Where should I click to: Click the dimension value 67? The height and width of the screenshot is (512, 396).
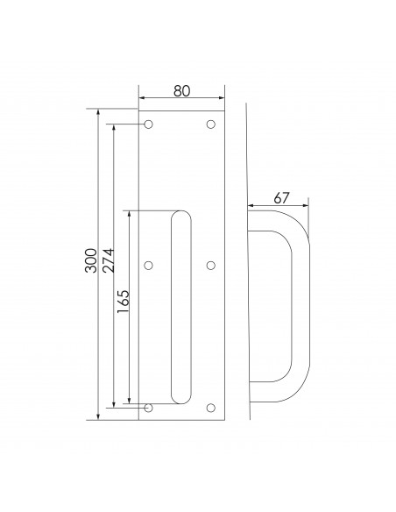[280, 198]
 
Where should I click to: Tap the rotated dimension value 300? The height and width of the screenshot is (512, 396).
[90, 265]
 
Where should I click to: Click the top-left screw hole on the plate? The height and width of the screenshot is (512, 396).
[148, 124]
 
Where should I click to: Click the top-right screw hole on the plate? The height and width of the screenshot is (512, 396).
[211, 124]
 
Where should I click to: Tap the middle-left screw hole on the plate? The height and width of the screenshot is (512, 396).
[148, 265]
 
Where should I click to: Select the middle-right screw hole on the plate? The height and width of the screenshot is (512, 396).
[211, 265]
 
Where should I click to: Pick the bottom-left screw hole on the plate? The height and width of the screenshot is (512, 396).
[148, 407]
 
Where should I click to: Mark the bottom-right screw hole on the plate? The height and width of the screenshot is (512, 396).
[211, 407]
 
